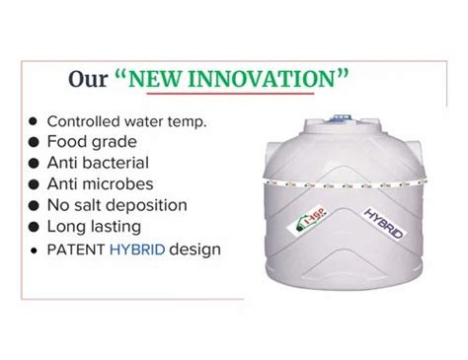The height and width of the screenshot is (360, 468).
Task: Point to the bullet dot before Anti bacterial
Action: (x=34, y=163)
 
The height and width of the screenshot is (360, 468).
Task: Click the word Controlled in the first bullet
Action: (x=86, y=120)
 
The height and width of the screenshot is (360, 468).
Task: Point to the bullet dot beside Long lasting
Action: (x=34, y=228)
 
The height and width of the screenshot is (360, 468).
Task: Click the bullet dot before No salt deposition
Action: (x=34, y=206)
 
